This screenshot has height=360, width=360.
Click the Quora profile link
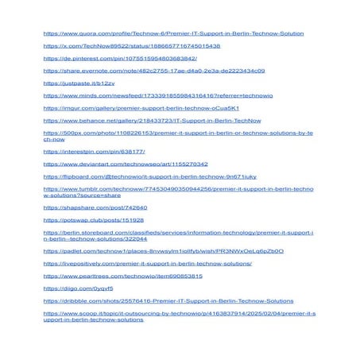[173, 34]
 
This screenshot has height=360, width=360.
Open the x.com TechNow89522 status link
[131, 46]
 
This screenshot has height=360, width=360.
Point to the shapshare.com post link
[95, 207]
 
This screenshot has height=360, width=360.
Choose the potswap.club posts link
[93, 219]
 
